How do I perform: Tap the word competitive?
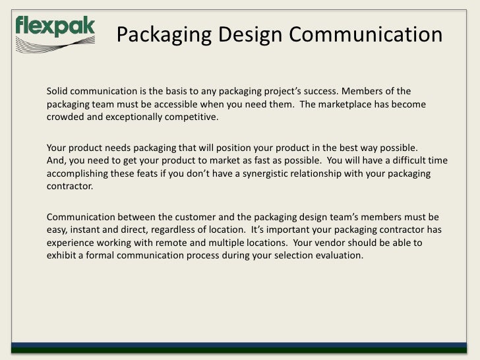pos(192,118)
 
